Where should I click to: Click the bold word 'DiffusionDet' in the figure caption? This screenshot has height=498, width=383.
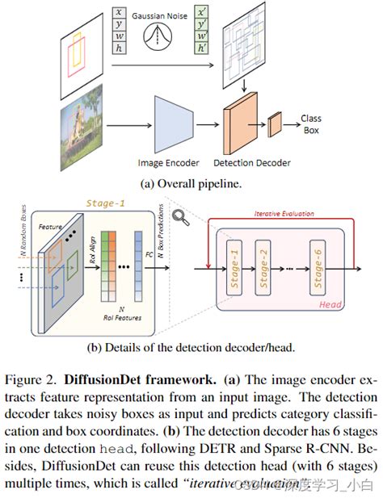tap(101, 379)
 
